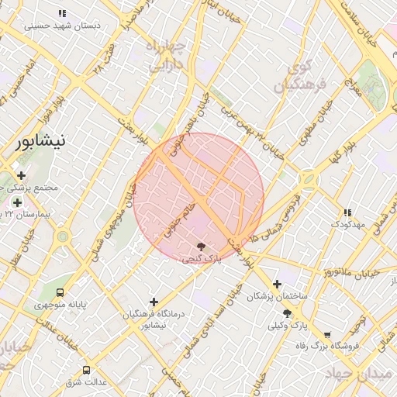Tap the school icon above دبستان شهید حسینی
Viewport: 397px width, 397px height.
63,14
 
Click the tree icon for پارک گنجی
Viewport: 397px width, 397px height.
202,246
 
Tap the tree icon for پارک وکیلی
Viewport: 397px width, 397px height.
287,314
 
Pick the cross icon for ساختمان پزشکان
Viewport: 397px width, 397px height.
277,285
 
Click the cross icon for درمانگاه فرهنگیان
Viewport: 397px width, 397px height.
154,302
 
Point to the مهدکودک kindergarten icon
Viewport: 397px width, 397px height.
347,212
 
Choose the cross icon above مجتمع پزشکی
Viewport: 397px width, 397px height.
21,175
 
